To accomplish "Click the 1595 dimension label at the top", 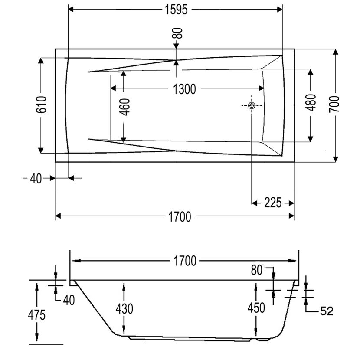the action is click(176, 10).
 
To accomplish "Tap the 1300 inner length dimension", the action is click(184, 89).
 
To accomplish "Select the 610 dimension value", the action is click(41, 105).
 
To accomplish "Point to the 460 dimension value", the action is click(125, 107).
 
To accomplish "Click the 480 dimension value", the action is click(311, 103).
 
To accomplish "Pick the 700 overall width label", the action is click(334, 105).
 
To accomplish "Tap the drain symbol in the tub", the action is click(252, 105).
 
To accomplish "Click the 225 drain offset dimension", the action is click(273, 203).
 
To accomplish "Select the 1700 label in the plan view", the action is click(180, 217).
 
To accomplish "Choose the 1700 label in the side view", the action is click(185, 261).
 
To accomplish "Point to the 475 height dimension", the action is click(37, 315).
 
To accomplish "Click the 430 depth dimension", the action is click(124, 309).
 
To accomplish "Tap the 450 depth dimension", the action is click(256, 308).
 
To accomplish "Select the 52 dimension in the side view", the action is click(327, 311).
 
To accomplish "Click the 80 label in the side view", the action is click(256, 270).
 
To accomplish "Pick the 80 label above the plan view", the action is click(179, 33).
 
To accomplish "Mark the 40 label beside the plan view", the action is click(36, 179).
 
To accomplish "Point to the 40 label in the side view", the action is click(69, 300).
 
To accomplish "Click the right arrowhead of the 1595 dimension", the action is click(280, 10).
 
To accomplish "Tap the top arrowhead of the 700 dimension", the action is click(335, 52).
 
